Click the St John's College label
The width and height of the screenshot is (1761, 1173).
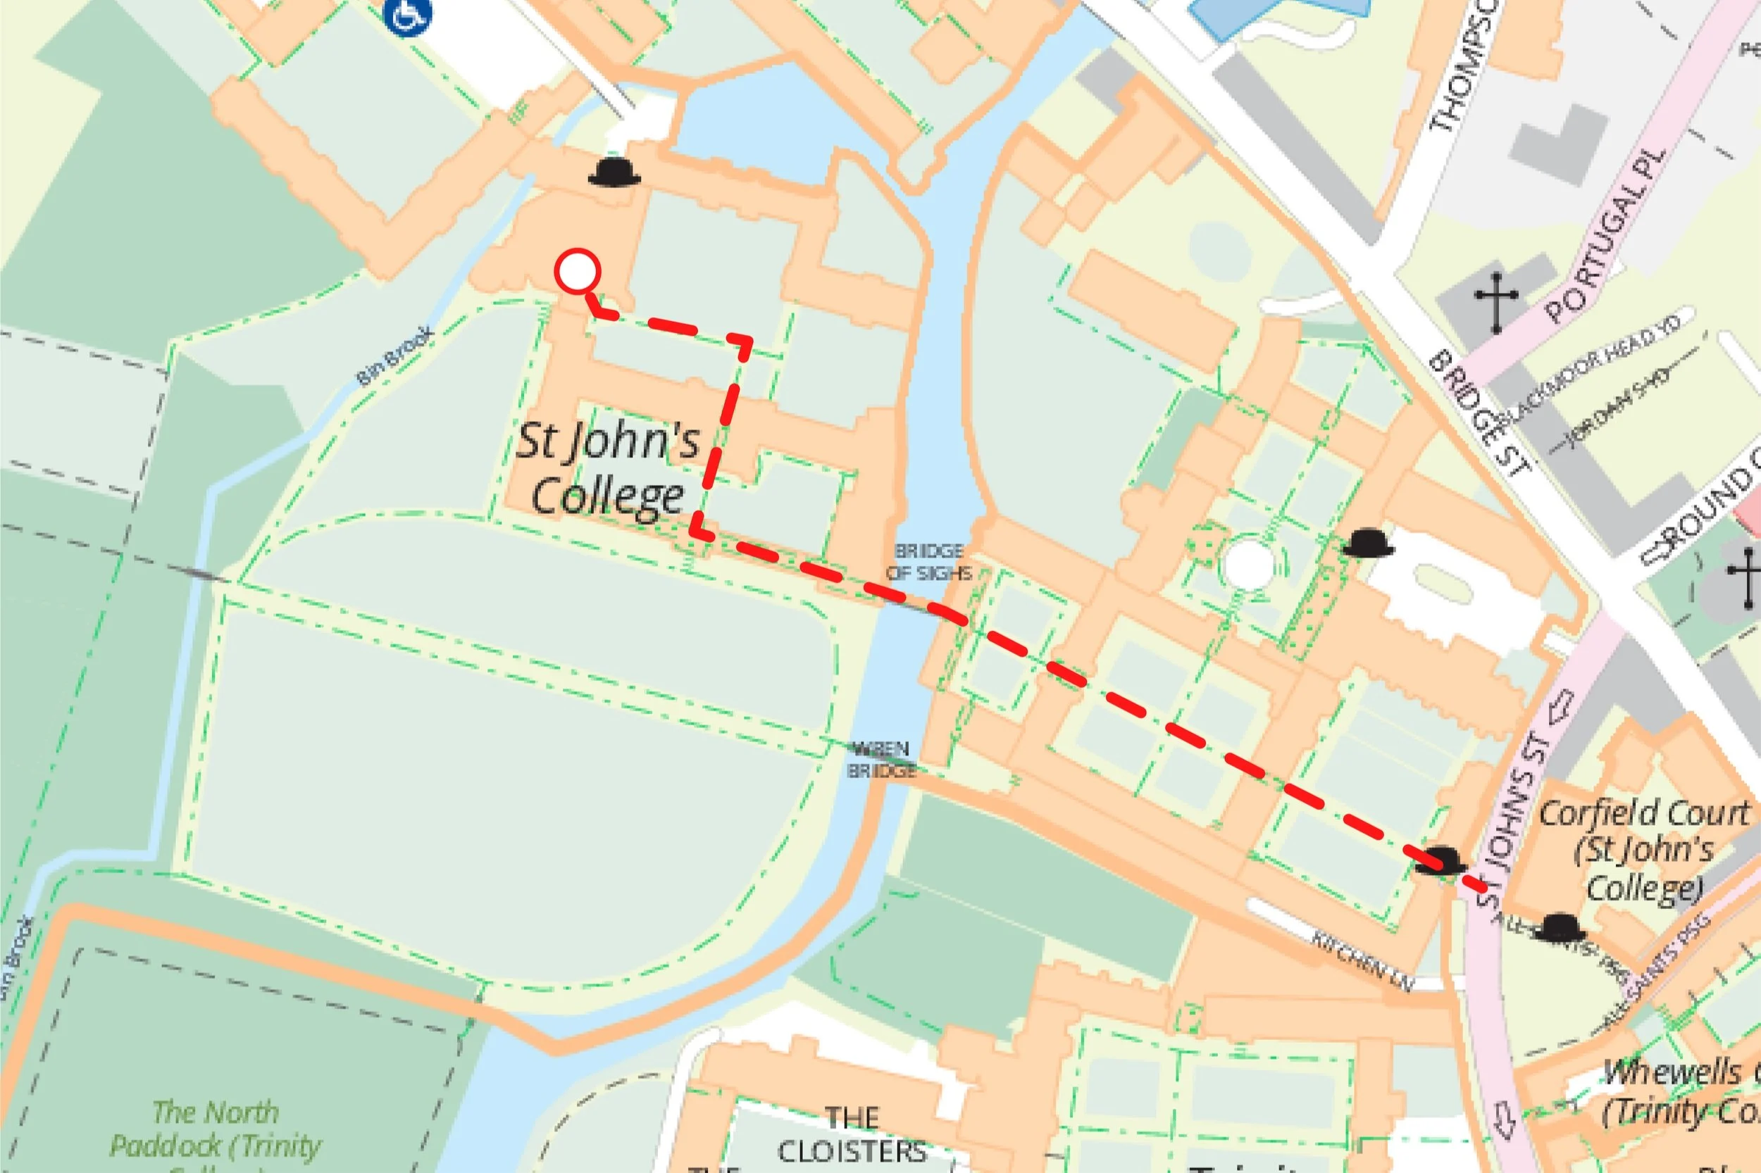coord(608,469)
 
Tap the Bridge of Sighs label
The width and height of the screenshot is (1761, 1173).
coord(929,562)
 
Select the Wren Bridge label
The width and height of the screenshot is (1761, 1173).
coord(882,758)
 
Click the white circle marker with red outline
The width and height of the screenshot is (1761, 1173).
coord(578,271)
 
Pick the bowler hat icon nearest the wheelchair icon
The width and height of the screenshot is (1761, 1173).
coord(614,172)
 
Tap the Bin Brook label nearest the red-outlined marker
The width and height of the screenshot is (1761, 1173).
coord(394,356)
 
